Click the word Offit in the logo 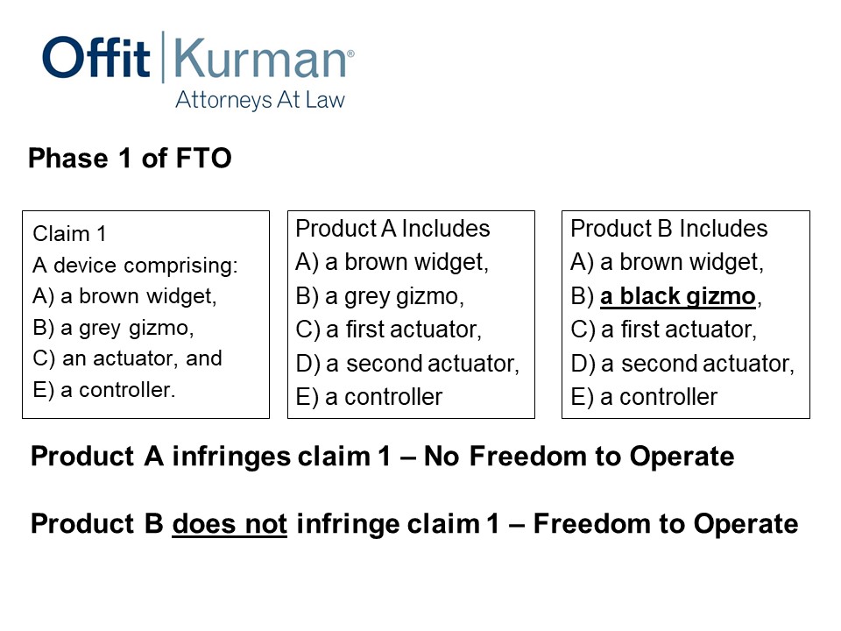[x=96, y=57]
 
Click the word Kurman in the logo [x=261, y=58]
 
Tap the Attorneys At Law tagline [x=260, y=100]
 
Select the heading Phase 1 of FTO [x=130, y=159]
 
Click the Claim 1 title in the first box [x=69, y=234]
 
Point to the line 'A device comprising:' [x=135, y=266]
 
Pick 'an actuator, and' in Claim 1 [x=142, y=358]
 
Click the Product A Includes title [x=392, y=229]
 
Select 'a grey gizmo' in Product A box [x=394, y=297]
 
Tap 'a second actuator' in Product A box [x=422, y=364]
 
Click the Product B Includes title [x=668, y=229]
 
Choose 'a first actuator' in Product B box [x=678, y=330]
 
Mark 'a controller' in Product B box [x=659, y=398]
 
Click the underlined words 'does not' [x=230, y=524]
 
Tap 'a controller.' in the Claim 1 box [x=118, y=390]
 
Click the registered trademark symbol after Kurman [x=350, y=53]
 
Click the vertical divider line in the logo [x=163, y=57]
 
